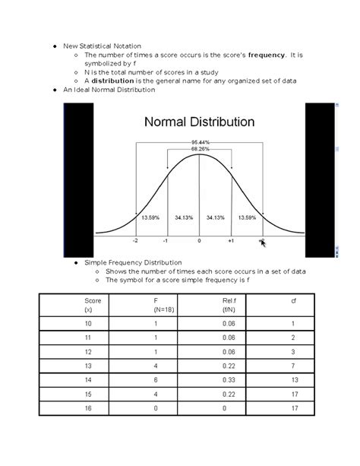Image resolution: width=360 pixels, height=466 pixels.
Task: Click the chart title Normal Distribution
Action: [x=199, y=122]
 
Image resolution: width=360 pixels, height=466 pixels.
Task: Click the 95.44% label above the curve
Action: [x=201, y=142]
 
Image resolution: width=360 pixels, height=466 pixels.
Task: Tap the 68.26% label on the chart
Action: [x=201, y=149]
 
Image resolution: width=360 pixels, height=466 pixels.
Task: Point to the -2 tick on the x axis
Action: [x=135, y=240]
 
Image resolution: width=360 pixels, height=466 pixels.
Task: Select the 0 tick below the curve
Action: [x=199, y=240]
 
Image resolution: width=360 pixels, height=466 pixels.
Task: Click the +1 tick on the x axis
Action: [x=231, y=240]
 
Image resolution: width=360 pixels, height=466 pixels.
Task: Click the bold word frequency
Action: [x=263, y=55]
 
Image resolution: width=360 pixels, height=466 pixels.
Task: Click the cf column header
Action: [x=293, y=302]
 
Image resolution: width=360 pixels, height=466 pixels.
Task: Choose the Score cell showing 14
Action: [x=88, y=379]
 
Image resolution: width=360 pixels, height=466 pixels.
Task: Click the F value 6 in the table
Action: [x=155, y=379]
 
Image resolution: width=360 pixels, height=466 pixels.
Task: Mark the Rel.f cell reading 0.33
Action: [x=228, y=379]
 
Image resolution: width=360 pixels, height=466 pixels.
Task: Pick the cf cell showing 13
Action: [x=293, y=379]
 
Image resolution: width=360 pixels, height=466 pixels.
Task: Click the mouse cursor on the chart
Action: [x=263, y=243]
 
